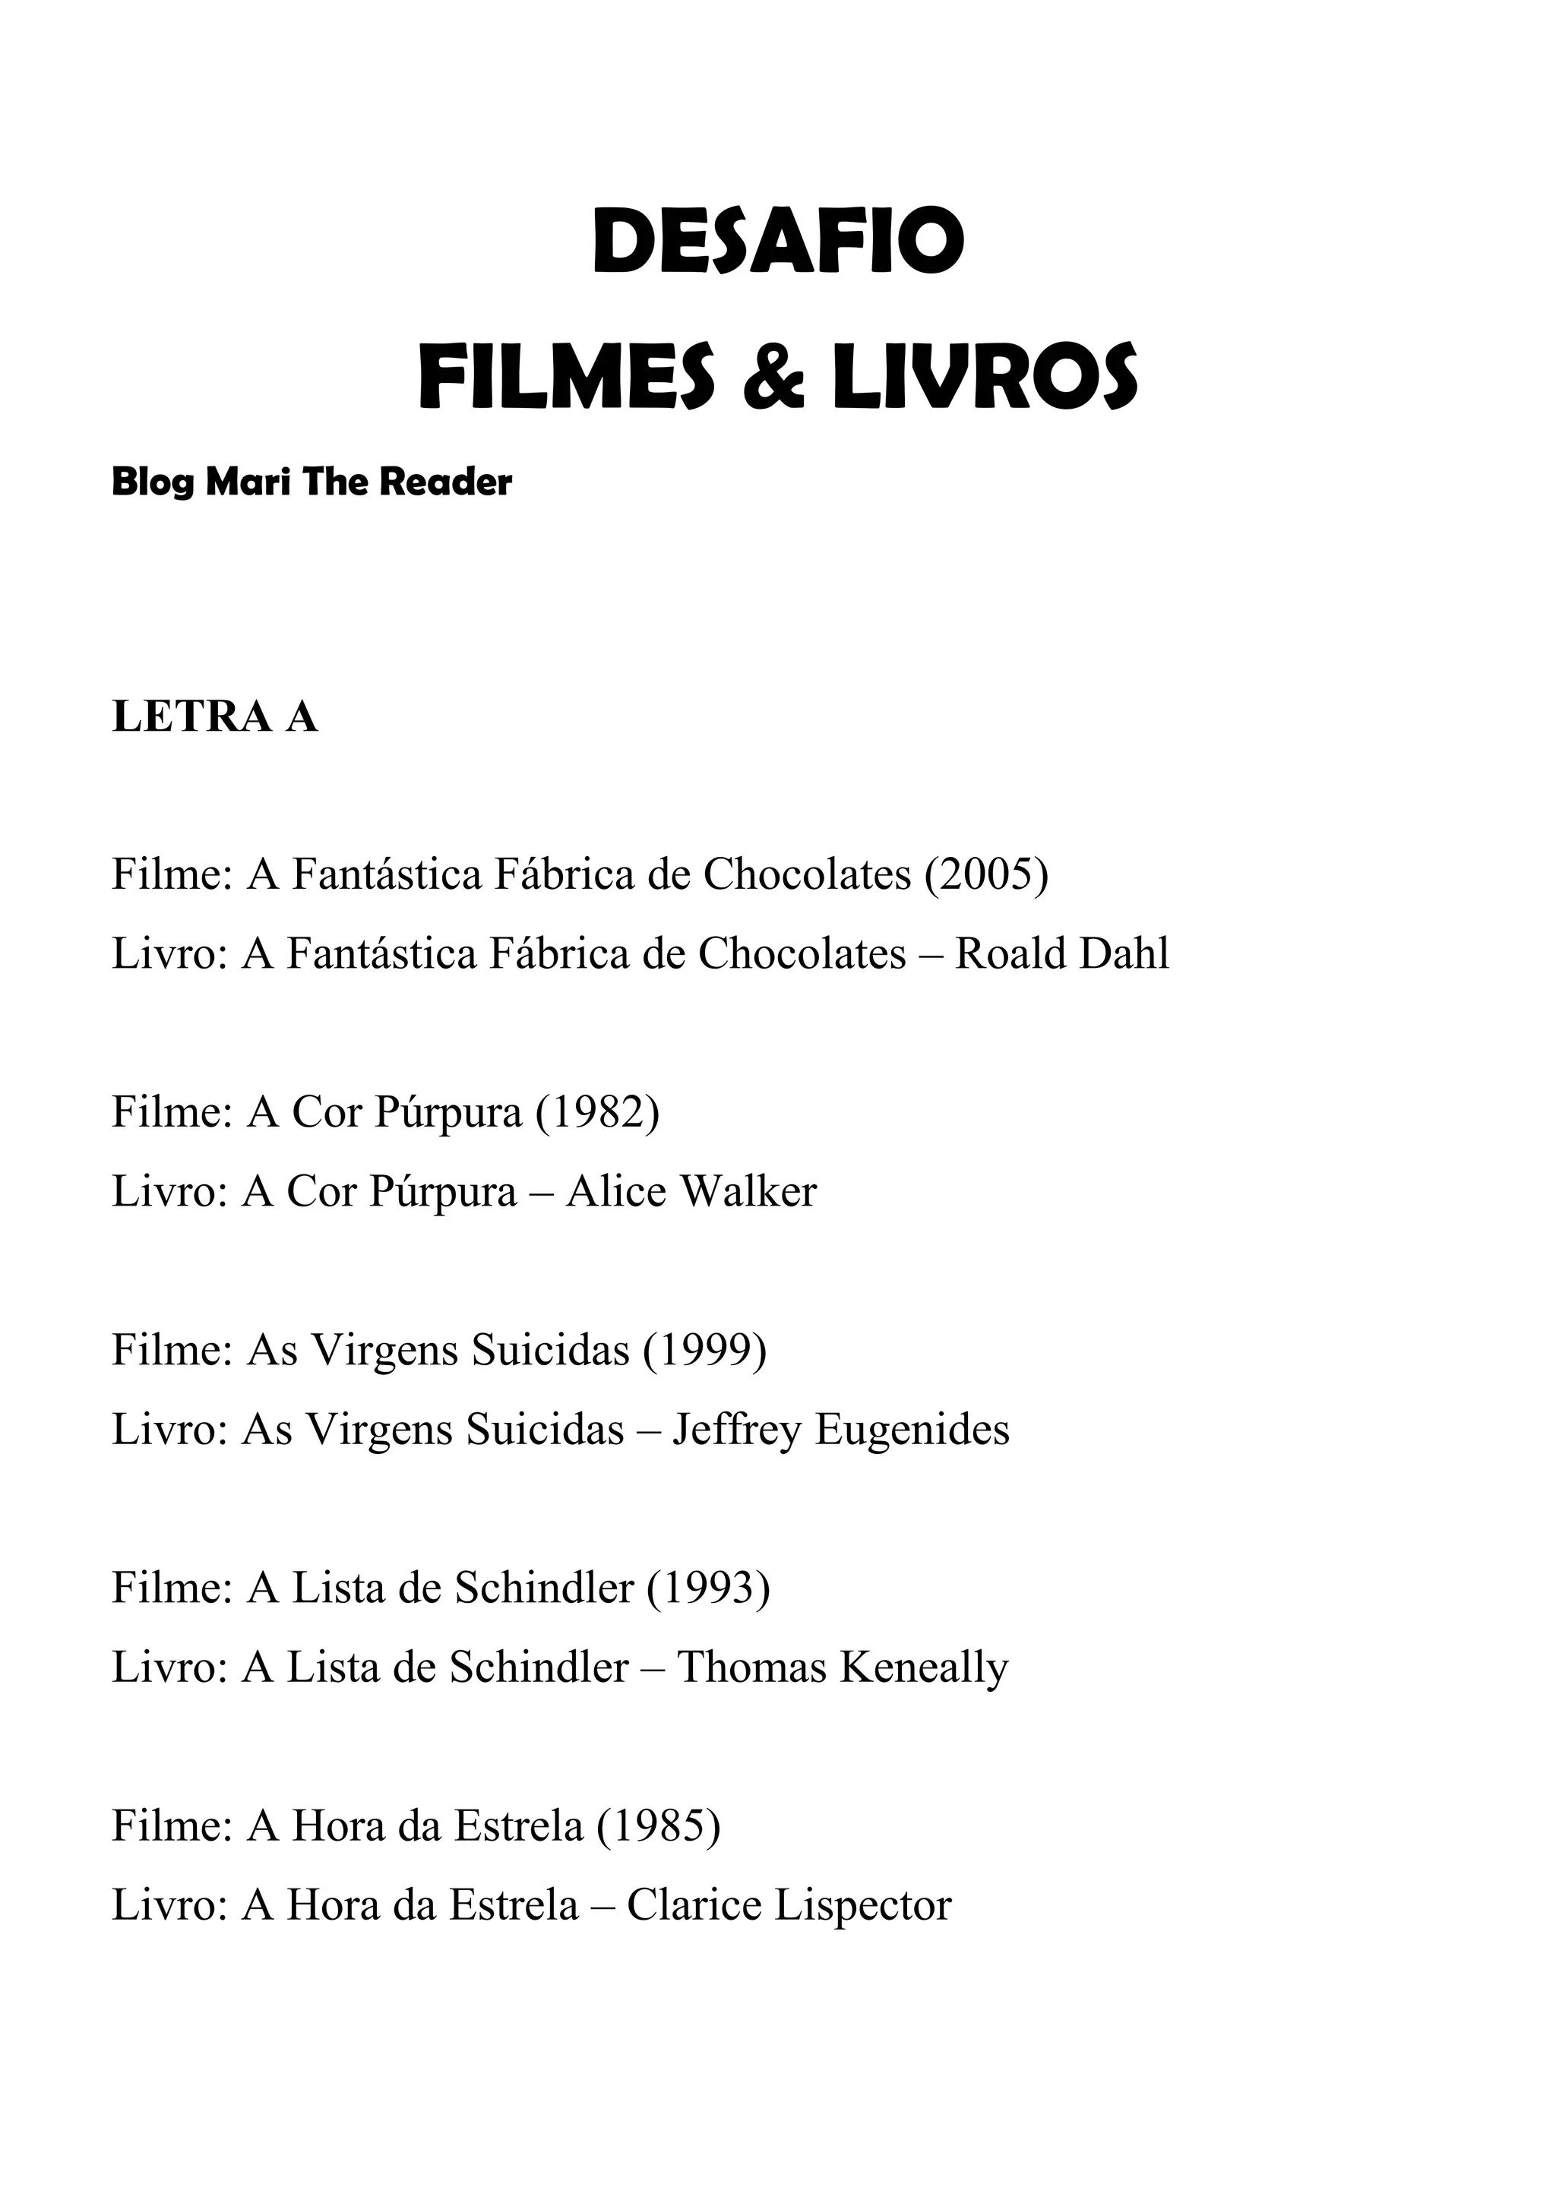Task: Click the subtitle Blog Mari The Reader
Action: coord(312,482)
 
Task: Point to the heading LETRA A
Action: coord(214,716)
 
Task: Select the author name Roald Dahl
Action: coord(1061,954)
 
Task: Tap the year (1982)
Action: coord(597,1111)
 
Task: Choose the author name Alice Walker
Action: coord(691,1192)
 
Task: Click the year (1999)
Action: coord(704,1350)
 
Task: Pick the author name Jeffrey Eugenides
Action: coord(840,1430)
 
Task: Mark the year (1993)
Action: coord(708,1588)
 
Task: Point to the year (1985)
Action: coord(658,1825)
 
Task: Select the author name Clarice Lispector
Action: coord(789,1906)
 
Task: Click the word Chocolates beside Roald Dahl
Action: coord(801,954)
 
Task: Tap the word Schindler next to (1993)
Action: coord(543,1588)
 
